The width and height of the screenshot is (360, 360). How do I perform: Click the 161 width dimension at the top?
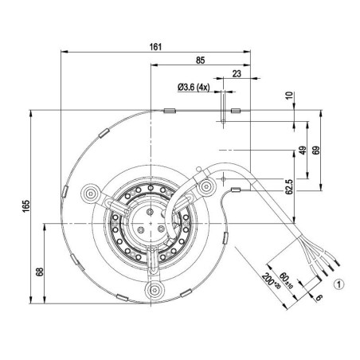click(156, 47)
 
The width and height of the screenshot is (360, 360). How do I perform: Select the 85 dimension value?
click(201, 60)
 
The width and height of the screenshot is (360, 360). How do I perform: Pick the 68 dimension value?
click(40, 272)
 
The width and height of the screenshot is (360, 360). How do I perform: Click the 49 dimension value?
click(303, 151)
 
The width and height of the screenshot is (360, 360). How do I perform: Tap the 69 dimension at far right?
click(317, 151)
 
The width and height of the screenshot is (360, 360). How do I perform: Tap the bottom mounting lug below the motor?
click(151, 288)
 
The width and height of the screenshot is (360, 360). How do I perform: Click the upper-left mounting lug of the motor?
click(90, 192)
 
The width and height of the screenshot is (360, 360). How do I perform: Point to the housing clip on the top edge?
click(170, 111)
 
